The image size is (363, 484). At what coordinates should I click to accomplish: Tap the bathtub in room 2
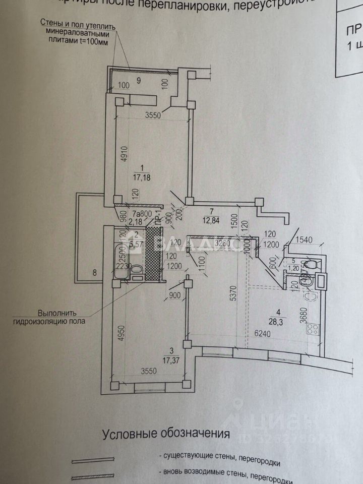[x=120, y=264]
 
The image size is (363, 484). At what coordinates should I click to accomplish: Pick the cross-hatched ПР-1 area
[x=153, y=254]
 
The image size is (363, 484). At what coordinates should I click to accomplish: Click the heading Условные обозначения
[x=166, y=434]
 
